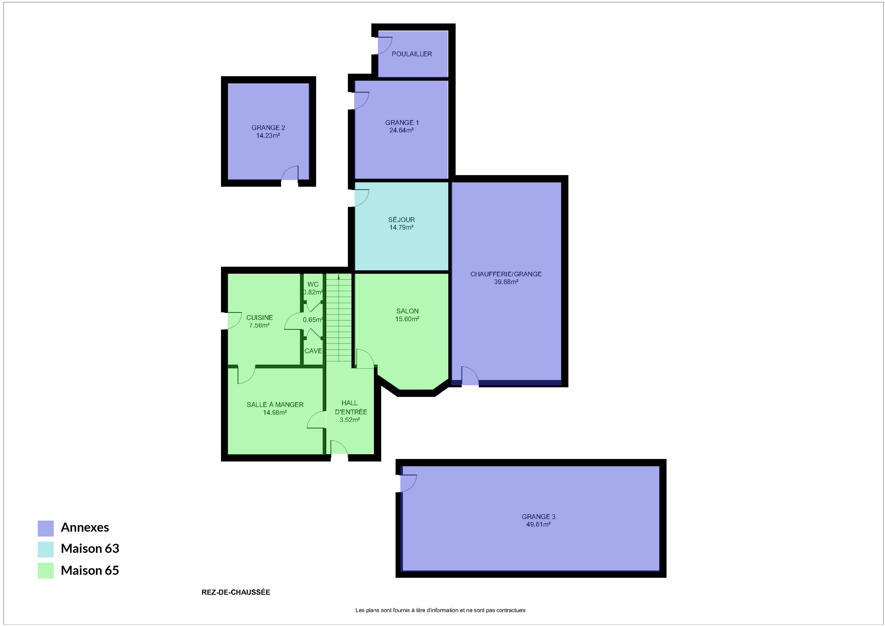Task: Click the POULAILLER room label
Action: coord(412,54)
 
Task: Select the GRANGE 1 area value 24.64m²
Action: coord(401,130)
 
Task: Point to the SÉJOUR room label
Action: coord(401,219)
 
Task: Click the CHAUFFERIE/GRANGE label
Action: coord(506,274)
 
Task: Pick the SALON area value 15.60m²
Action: coord(407,319)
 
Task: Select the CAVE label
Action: coord(313,351)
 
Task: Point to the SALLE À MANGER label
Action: coord(275,404)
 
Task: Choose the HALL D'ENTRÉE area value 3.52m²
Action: coord(350,420)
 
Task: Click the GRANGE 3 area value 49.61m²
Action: coord(538,524)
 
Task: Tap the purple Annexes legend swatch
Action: coord(45,528)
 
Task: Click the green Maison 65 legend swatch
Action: coord(45,570)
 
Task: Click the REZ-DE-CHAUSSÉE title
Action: coord(236,592)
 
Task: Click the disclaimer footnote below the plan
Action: coord(440,610)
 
